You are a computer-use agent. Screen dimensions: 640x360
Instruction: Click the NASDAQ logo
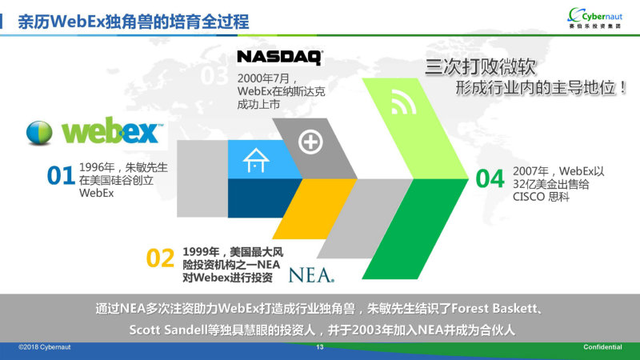click(280, 58)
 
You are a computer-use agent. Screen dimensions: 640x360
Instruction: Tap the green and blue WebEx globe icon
click(39, 133)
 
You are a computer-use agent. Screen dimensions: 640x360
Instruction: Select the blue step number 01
click(61, 175)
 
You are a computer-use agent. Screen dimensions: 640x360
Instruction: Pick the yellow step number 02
click(160, 258)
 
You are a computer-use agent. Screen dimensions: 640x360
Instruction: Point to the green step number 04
click(490, 178)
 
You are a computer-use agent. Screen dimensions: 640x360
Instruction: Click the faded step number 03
click(214, 75)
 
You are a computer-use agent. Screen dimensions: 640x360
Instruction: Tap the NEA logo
click(311, 275)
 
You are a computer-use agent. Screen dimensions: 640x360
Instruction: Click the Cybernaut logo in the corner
click(594, 18)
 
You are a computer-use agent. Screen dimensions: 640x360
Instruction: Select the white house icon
click(256, 160)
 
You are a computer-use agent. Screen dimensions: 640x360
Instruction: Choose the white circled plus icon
click(310, 142)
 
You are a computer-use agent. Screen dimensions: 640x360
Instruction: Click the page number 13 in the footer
click(319, 347)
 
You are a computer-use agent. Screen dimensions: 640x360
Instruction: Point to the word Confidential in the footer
click(602, 347)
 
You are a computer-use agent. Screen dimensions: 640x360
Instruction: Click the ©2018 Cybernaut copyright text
click(45, 347)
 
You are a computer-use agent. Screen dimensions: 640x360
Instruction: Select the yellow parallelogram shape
click(314, 209)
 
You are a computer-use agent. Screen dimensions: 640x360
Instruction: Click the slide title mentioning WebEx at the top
click(134, 22)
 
